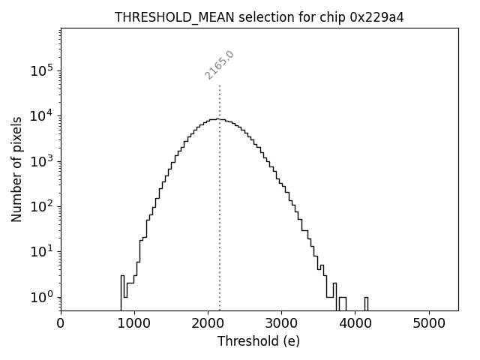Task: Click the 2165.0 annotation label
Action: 220,65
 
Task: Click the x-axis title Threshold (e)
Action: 259,341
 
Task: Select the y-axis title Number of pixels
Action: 16,169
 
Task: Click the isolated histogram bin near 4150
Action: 366,302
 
